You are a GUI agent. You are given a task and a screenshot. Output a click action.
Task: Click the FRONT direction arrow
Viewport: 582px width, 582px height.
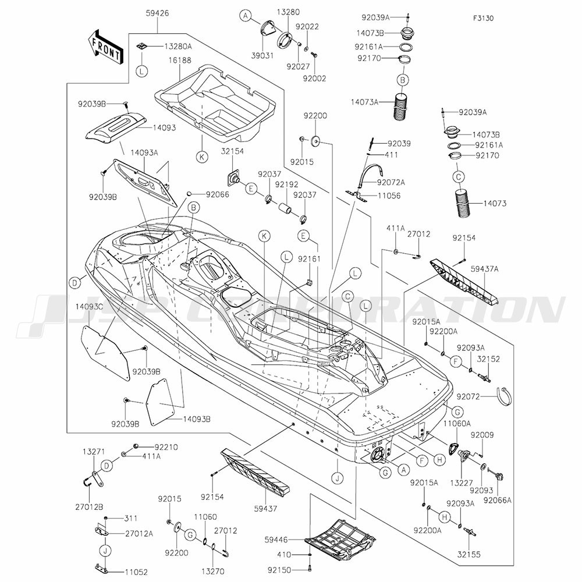click(105, 48)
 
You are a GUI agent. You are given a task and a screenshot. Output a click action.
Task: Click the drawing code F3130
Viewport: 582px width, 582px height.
click(483, 18)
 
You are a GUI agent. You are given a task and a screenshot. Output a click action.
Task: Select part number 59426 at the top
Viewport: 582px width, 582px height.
click(157, 13)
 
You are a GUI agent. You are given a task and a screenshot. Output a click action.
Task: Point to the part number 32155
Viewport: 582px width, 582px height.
click(469, 555)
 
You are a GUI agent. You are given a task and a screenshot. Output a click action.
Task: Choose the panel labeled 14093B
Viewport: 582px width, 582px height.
click(161, 402)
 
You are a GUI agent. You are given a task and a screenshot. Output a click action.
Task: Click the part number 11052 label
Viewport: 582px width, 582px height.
click(136, 572)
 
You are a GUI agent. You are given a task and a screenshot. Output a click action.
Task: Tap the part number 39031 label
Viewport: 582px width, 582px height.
click(262, 56)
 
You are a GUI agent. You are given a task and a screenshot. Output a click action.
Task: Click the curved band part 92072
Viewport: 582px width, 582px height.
click(503, 397)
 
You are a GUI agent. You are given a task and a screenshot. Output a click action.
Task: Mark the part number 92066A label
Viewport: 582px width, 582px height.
click(498, 500)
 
